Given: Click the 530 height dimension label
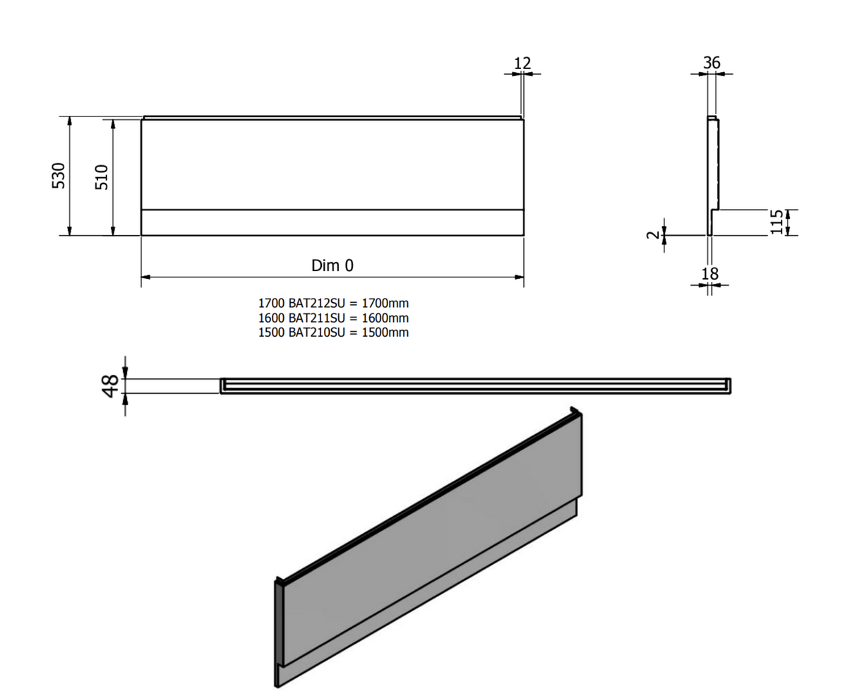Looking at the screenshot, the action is click(x=59, y=175).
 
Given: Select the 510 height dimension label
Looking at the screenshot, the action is click(x=102, y=177).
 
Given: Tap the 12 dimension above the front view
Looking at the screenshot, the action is click(x=522, y=63).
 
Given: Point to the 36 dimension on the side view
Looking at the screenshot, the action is click(x=712, y=63).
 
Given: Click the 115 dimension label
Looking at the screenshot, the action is click(x=776, y=222).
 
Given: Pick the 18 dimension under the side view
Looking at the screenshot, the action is click(x=709, y=274).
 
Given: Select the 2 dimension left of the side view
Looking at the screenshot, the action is click(x=653, y=234).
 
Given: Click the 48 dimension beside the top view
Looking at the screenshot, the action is click(x=110, y=386).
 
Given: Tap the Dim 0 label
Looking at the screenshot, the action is click(x=332, y=265).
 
